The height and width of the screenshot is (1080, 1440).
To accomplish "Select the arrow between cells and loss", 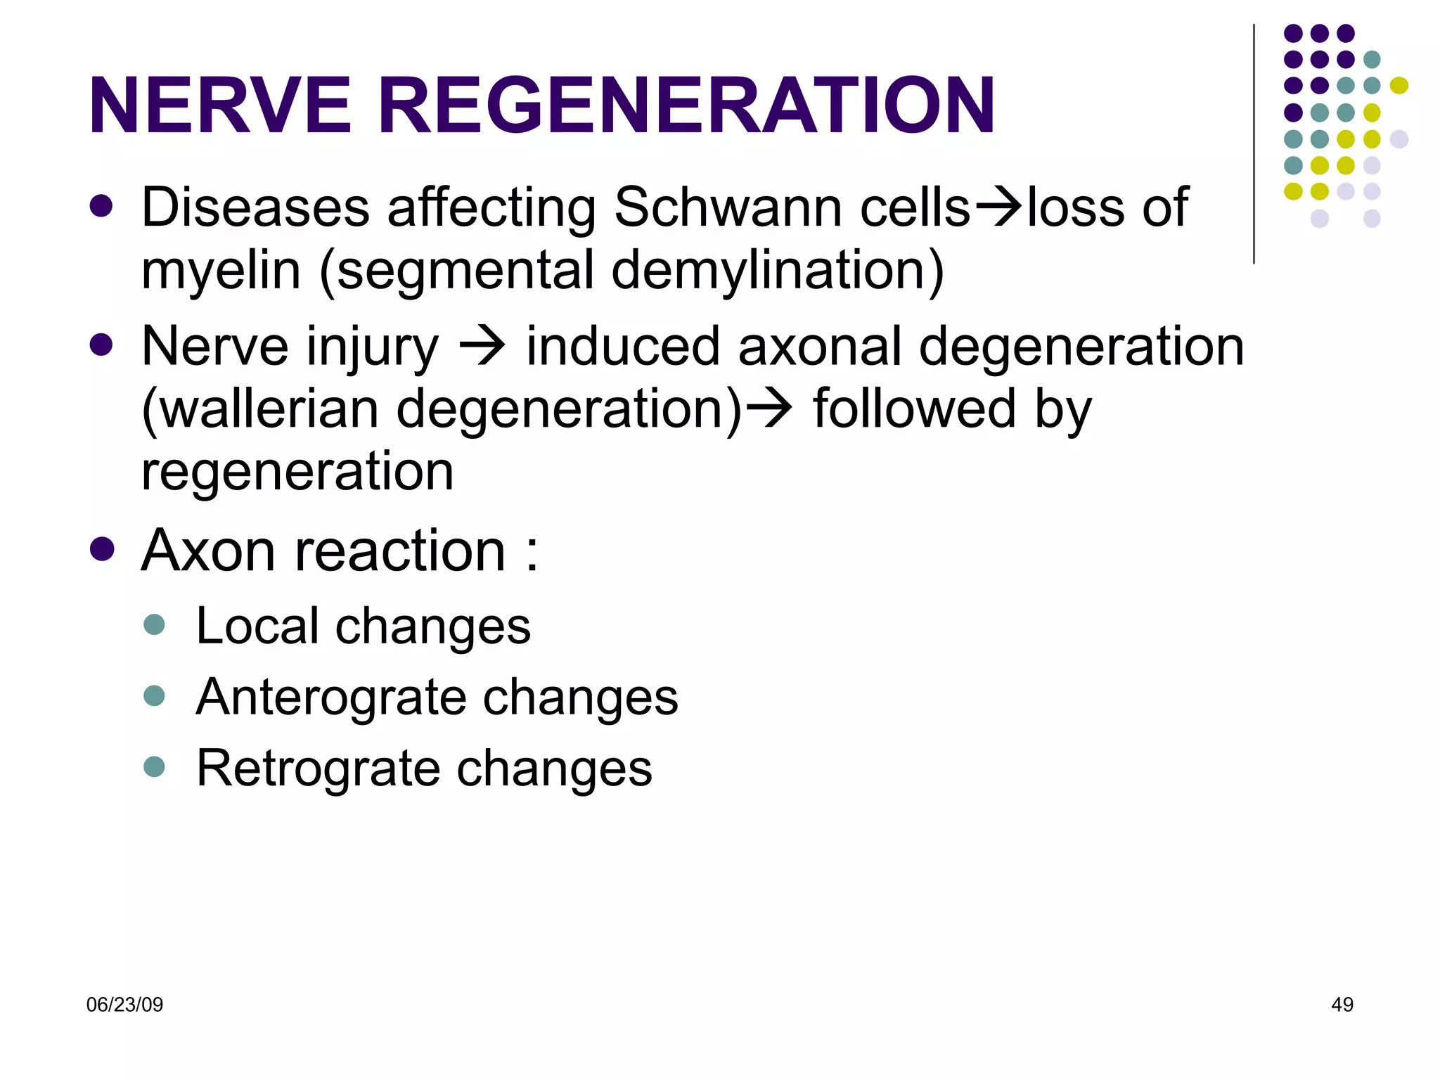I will click(x=998, y=207).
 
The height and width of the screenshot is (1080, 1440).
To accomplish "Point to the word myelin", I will click(x=221, y=271).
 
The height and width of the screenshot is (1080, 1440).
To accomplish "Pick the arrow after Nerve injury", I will click(x=482, y=346).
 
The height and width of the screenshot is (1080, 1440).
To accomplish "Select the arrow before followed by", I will click(x=769, y=409).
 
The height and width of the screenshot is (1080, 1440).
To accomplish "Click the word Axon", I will click(x=209, y=551).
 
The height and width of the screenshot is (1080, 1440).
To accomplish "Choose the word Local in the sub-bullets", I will click(x=257, y=626).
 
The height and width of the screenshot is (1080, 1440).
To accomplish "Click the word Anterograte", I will click(x=330, y=697).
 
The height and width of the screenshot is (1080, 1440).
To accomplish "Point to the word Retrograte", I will click(x=318, y=768).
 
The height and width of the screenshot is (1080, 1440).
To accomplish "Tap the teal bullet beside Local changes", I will click(x=154, y=624).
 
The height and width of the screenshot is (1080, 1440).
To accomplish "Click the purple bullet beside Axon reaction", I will click(x=102, y=549).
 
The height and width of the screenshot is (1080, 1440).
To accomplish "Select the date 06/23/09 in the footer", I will click(x=124, y=1005).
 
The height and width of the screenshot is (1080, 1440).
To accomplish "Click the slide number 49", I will click(x=1342, y=1005).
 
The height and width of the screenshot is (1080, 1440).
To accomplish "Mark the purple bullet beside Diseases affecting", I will click(x=102, y=206).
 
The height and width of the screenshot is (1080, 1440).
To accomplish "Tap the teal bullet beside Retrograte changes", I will click(x=154, y=766).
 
